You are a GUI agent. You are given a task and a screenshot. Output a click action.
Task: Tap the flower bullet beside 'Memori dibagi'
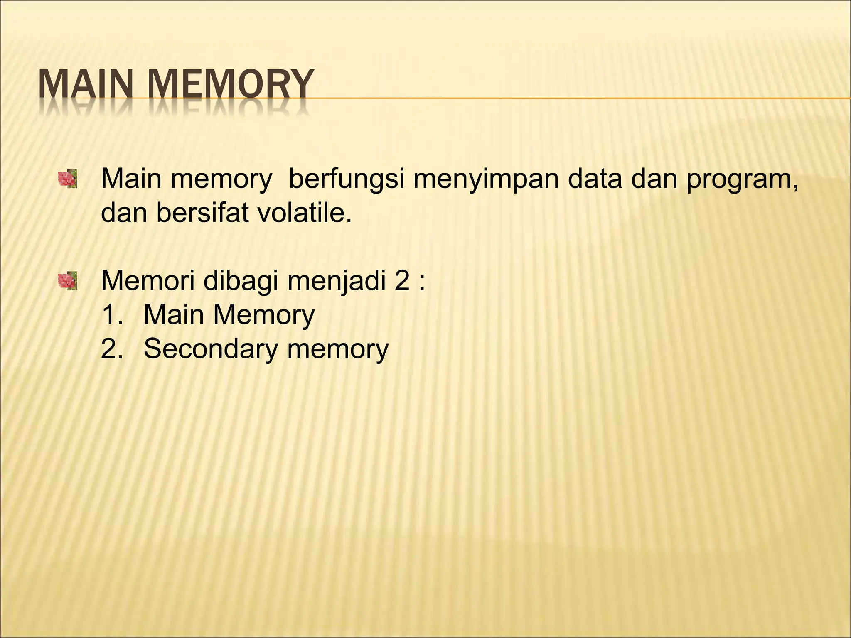coord(68,281)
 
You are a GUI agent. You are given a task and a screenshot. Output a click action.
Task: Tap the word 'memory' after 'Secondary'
coord(337,349)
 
